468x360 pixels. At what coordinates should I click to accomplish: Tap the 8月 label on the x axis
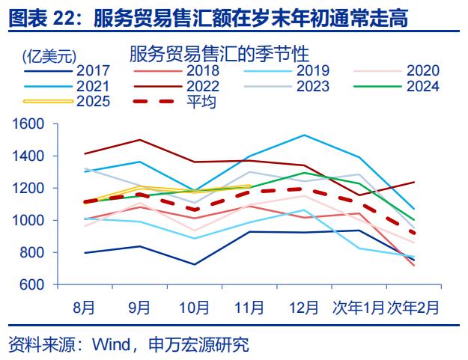point(84,307)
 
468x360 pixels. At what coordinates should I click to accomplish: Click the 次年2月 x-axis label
point(413,307)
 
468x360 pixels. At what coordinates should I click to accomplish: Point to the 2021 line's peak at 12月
point(303,135)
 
